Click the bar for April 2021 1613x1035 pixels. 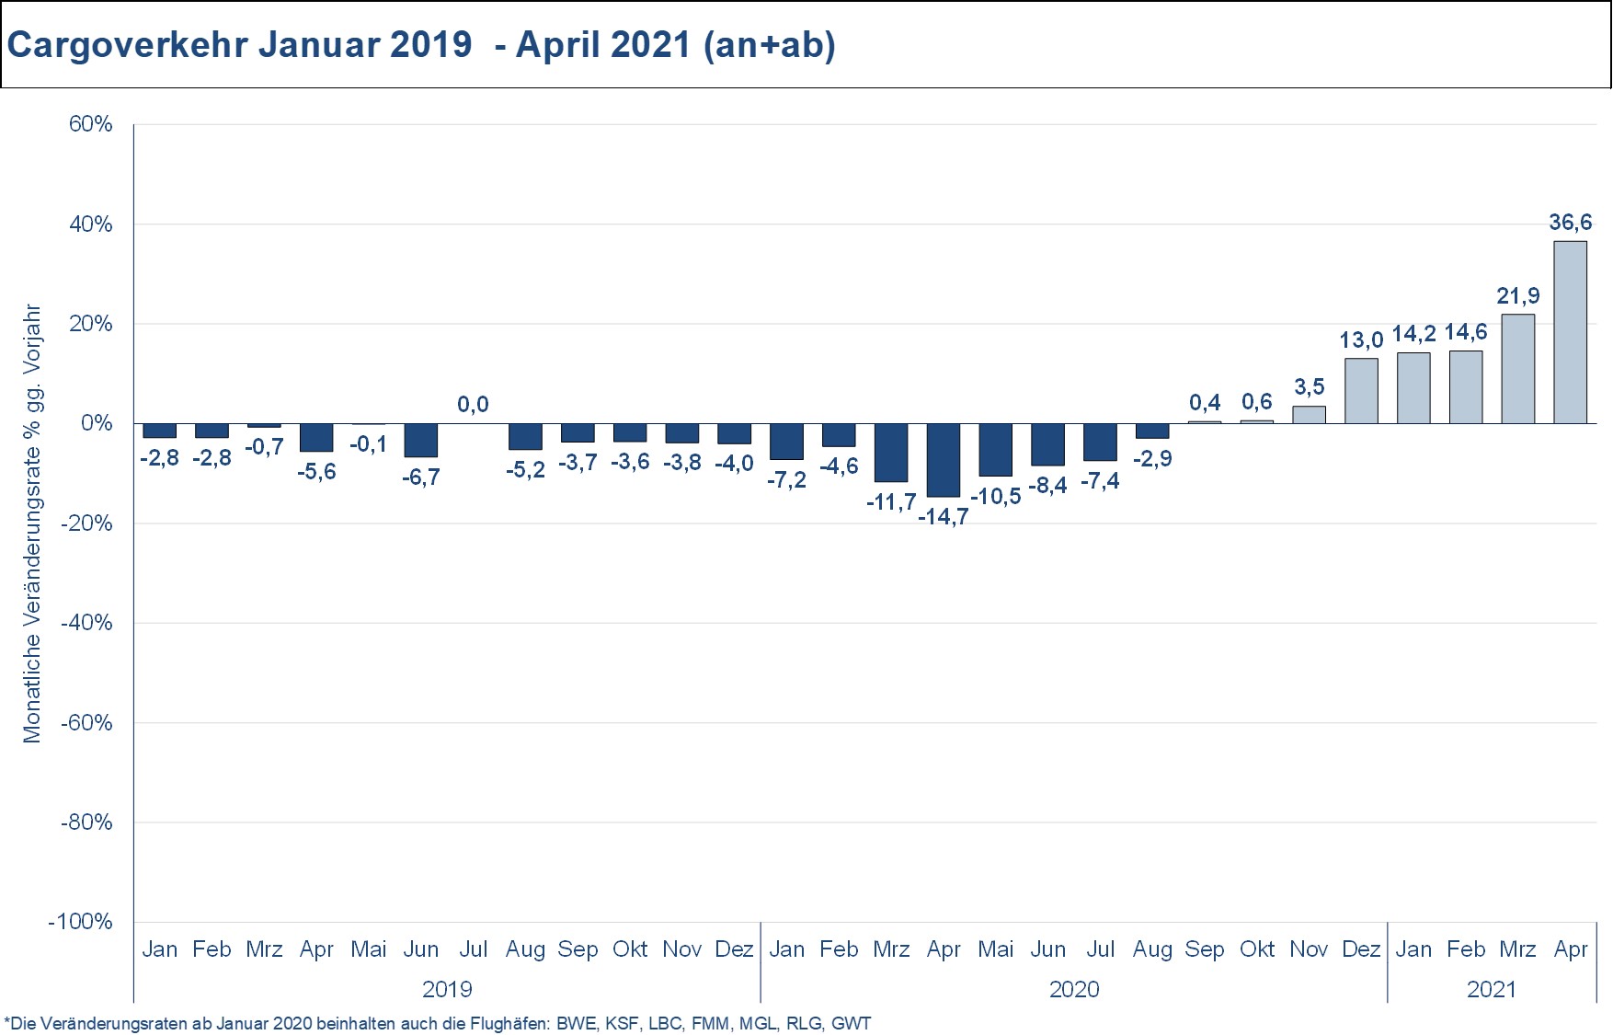(x=1570, y=332)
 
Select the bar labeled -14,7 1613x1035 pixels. (x=944, y=460)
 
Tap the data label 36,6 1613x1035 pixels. (x=1570, y=222)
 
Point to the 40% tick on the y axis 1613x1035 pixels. (x=90, y=224)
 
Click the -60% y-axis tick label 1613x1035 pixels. (x=86, y=722)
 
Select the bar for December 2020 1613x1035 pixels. (x=1361, y=391)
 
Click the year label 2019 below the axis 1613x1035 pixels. (x=447, y=989)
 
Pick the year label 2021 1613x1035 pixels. (x=1492, y=989)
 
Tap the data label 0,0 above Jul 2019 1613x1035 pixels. (x=473, y=404)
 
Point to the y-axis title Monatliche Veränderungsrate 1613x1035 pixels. (x=33, y=524)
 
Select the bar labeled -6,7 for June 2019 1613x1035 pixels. (x=421, y=440)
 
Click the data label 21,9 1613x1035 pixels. (x=1518, y=295)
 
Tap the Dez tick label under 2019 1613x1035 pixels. (x=734, y=949)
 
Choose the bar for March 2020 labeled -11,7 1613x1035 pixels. (x=891, y=453)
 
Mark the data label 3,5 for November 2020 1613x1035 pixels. (x=1309, y=386)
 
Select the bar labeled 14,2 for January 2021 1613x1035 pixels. (x=1413, y=387)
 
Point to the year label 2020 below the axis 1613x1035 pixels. (x=1074, y=989)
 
